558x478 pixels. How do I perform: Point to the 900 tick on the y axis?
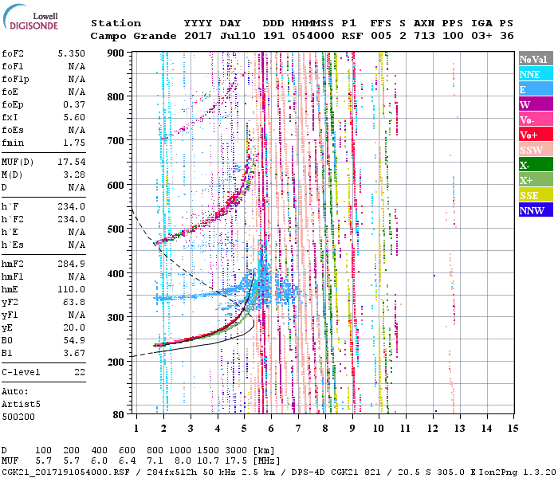coord(117,53)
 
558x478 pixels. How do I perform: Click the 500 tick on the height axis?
coord(117,229)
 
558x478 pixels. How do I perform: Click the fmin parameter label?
coord(13,143)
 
